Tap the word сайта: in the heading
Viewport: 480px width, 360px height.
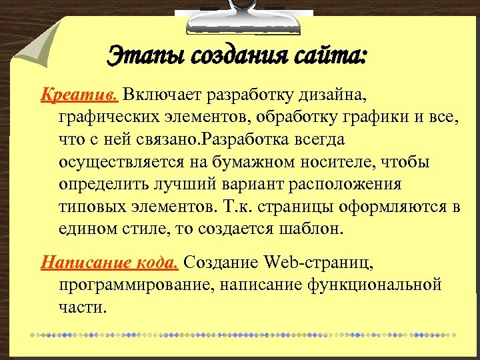331,53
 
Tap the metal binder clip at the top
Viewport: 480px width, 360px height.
230,15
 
